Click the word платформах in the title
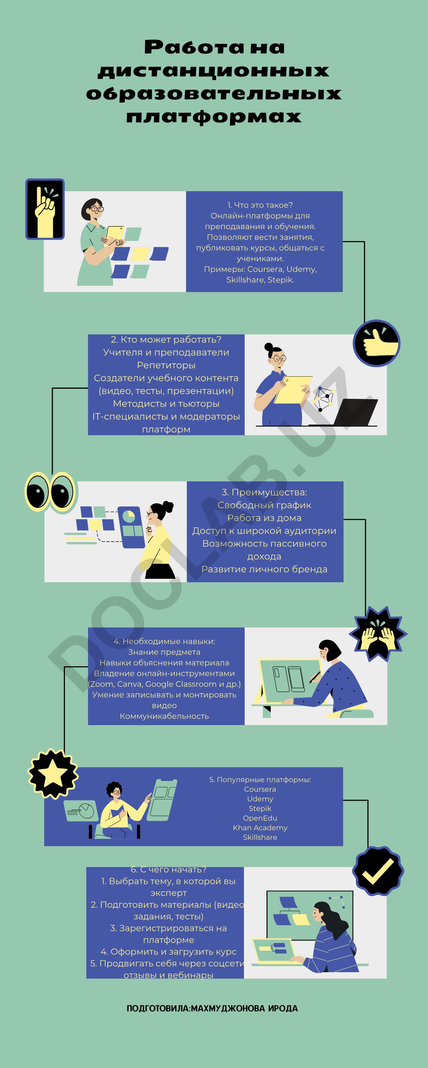point(214,116)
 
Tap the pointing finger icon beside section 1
point(45,209)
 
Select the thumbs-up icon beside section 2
point(377,343)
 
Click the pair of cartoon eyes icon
point(51,492)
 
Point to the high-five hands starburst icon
point(378,633)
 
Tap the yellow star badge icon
point(53,773)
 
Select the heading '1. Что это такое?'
point(260,205)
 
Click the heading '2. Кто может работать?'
point(166,339)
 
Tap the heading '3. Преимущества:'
point(264,492)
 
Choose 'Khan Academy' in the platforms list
point(260,828)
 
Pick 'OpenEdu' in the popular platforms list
point(260,818)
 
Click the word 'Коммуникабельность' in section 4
point(164,716)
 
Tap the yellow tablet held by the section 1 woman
point(114,236)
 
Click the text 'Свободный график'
point(264,505)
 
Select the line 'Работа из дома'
point(264,518)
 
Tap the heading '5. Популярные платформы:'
point(260,780)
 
